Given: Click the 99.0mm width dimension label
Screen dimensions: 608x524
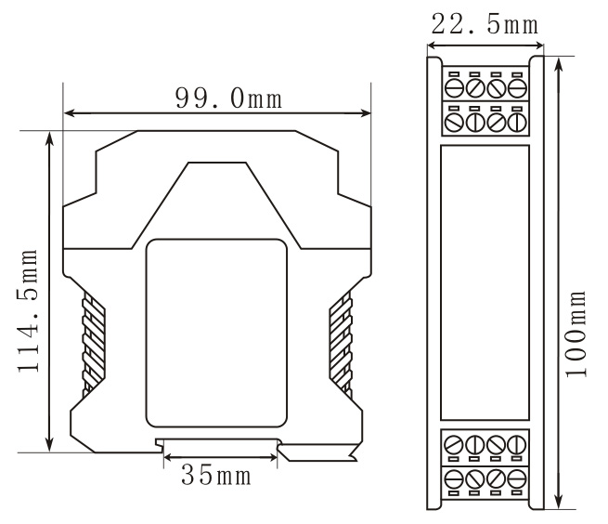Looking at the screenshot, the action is point(228,98).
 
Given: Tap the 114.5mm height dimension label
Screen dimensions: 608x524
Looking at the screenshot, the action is point(28,310).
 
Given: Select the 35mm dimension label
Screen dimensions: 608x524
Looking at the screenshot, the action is point(216,475).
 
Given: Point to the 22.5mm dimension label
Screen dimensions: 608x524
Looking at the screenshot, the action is point(485,24).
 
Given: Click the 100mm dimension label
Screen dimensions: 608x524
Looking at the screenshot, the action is point(576,334).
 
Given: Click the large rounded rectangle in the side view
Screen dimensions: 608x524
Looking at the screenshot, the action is point(216,333).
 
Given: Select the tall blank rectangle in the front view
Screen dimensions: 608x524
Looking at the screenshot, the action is point(485,282).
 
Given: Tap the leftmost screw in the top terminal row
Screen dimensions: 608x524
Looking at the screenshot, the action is point(454,88).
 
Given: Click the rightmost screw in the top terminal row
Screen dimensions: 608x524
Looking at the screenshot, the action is point(517,88).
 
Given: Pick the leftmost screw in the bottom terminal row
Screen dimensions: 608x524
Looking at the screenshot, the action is point(454,479).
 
